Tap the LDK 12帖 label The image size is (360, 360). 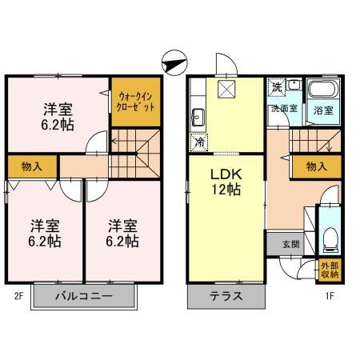227,182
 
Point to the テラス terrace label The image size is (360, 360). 226,297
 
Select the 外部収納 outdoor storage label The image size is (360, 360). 329,270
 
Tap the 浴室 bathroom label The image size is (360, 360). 324,109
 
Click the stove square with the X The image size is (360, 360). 226,90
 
